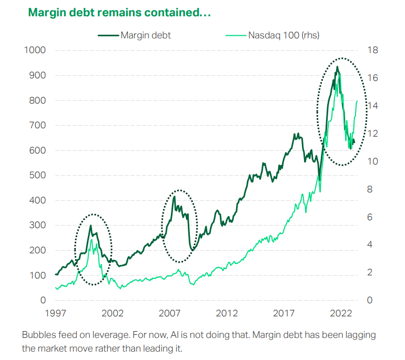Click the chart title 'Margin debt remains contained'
(119, 12)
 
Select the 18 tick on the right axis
(372, 50)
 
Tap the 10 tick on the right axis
(372, 161)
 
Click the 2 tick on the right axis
(370, 273)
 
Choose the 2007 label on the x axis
(170, 314)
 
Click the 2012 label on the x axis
(227, 314)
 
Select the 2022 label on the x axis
(341, 314)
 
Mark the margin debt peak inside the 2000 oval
(90, 225)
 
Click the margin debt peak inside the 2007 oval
(174, 197)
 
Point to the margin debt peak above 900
(337, 67)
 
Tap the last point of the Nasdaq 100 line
(358, 101)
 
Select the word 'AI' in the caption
(170, 335)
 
